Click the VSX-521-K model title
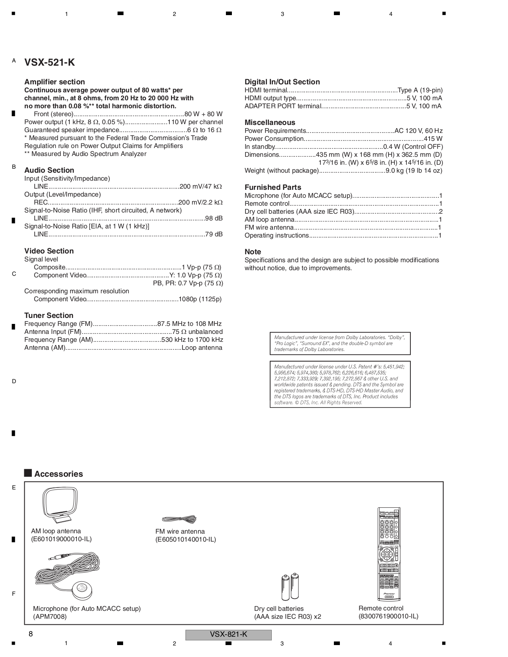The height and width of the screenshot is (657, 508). click(49, 62)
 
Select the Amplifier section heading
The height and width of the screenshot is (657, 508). click(55, 82)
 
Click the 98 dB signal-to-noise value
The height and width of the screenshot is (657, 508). click(214, 218)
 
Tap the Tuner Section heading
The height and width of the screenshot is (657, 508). click(49, 316)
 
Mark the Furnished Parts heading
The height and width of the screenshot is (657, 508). click(273, 187)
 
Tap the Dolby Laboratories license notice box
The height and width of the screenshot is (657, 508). click(340, 343)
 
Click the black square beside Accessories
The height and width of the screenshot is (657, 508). click(28, 473)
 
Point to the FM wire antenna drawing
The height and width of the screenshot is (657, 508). click(179, 519)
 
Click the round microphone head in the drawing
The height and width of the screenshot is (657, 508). click(82, 589)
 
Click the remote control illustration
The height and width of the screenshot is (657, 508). click(388, 554)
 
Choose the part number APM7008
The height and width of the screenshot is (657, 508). click(50, 617)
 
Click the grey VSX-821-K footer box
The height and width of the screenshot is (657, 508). click(228, 635)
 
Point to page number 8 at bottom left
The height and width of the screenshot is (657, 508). click(30, 634)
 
